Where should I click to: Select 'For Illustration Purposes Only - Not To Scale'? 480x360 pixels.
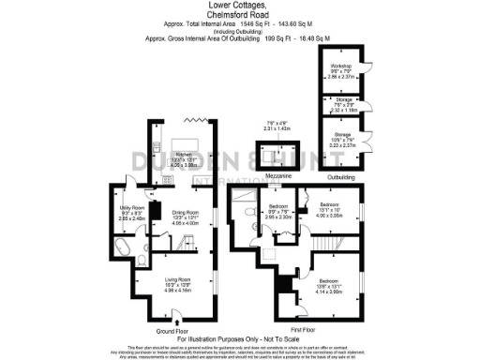pyautogui.click(x=239, y=338)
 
